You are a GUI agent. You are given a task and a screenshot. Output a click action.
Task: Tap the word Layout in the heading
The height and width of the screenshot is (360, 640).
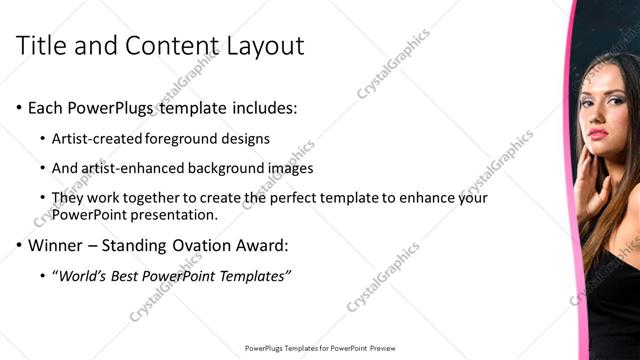[x=261, y=45]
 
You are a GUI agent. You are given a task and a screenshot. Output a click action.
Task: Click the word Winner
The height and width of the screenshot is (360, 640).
[x=54, y=244]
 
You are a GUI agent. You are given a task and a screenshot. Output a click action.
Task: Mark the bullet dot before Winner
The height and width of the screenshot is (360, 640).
[x=20, y=245]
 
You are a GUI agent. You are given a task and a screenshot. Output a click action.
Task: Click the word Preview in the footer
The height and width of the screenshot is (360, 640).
[x=384, y=348]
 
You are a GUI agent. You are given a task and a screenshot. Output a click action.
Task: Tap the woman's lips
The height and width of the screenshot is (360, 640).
[x=597, y=134]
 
